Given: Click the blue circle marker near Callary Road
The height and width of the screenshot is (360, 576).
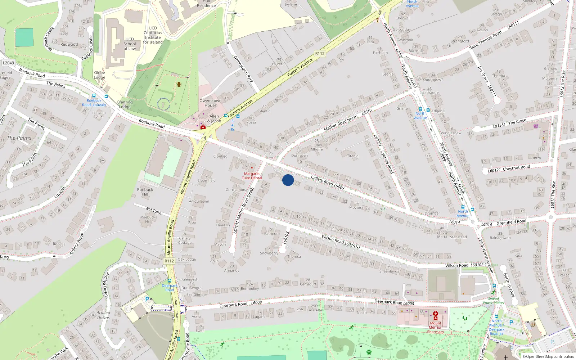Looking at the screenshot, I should click(288, 180).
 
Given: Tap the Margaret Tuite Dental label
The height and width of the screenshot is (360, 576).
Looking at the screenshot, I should click(252, 176).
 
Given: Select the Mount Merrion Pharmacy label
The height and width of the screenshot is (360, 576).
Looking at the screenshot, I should click(436, 327).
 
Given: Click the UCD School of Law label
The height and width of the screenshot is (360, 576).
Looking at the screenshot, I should click(130, 44).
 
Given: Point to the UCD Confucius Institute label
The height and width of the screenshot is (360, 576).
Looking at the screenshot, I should click(153, 35).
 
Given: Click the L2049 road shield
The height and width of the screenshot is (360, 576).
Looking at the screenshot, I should click(8, 63).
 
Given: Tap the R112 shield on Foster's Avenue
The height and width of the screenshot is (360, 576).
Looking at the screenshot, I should click(320, 54).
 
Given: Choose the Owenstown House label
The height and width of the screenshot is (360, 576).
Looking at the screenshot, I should click(211, 103).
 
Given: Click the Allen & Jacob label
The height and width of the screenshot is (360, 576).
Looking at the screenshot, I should click(214, 118).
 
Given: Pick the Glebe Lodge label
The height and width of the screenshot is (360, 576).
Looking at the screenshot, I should click(100, 75).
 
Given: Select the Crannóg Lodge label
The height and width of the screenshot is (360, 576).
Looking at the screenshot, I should click(125, 104).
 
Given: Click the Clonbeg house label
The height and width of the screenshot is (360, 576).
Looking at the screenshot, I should click(220, 156).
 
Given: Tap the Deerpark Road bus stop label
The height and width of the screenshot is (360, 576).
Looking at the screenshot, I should click(170, 288).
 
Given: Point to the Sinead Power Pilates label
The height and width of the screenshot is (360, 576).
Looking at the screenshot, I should click(494, 301).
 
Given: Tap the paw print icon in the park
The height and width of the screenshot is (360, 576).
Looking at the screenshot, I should click(369, 352).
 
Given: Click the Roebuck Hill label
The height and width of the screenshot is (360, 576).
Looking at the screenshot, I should click(145, 192).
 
